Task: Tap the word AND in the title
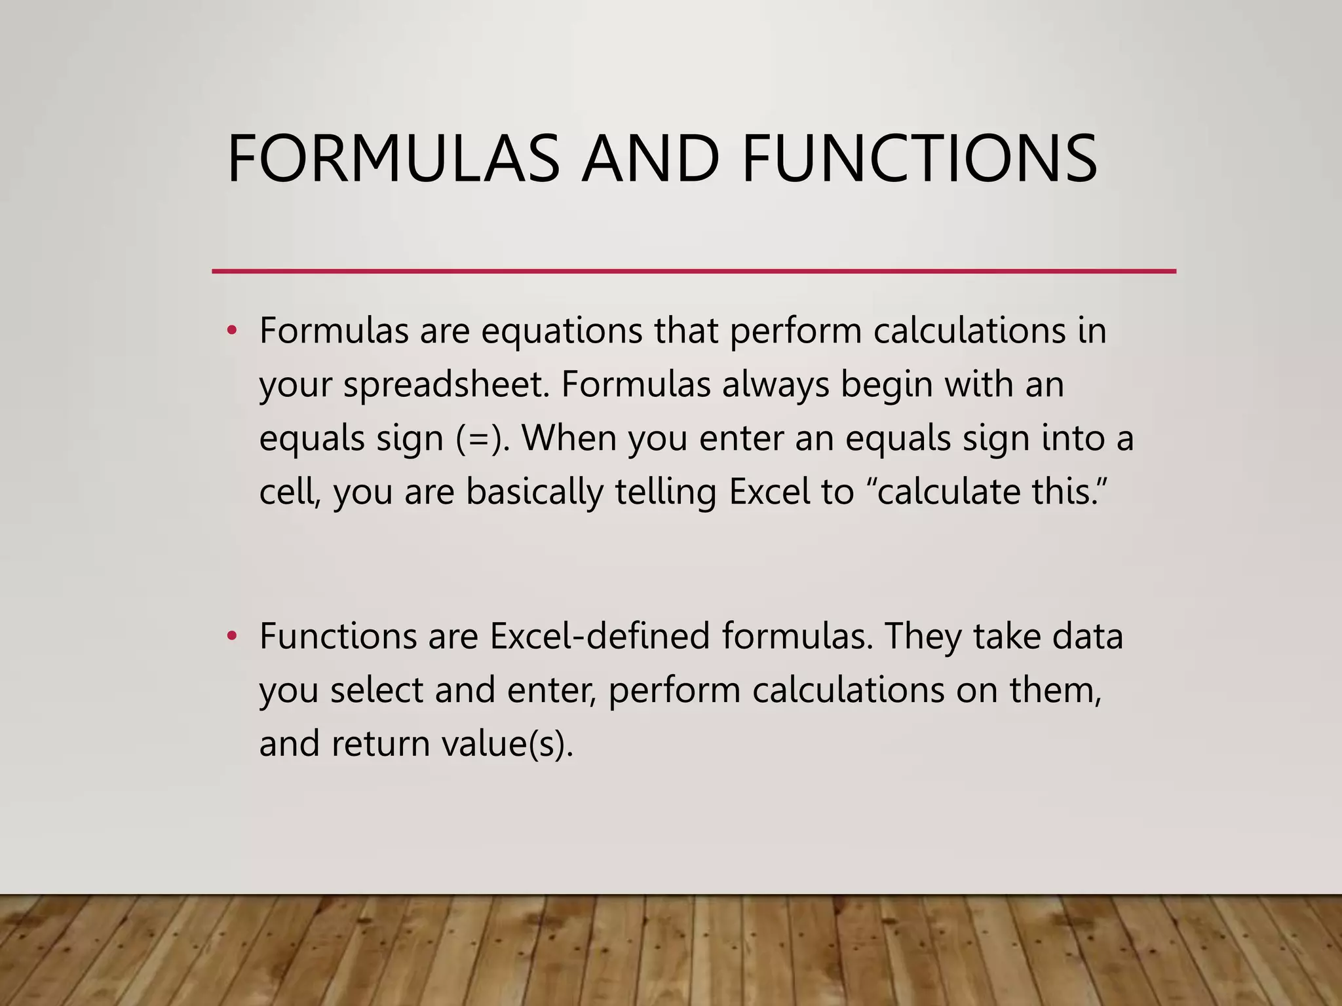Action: [x=651, y=158]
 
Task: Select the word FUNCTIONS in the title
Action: [x=919, y=158]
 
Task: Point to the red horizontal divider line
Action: [x=693, y=271]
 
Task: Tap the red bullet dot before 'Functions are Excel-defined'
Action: [x=231, y=636]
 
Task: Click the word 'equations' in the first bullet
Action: [x=562, y=331]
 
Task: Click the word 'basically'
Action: [x=534, y=492]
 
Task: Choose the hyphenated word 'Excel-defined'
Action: [x=600, y=636]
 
